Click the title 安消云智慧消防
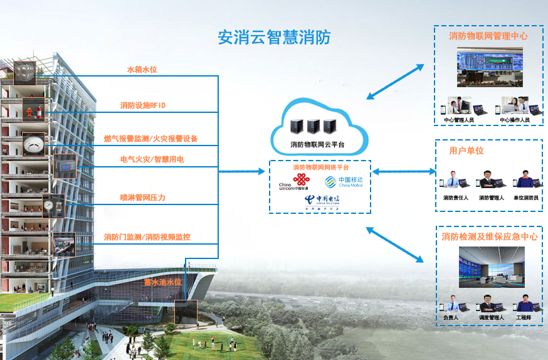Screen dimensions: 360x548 [x=274, y=38]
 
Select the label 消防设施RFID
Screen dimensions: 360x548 [x=143, y=105]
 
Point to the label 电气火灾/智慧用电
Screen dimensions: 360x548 [x=152, y=160]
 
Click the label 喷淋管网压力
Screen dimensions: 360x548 [x=143, y=198]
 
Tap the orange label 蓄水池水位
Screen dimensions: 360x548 [x=162, y=282]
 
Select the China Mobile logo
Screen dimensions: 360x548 [x=343, y=182]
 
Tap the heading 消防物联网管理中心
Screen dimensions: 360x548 [x=488, y=36]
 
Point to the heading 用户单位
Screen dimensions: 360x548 [x=466, y=151]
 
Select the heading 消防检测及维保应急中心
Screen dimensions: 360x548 [x=489, y=236]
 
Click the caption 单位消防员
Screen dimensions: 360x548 [x=525, y=198]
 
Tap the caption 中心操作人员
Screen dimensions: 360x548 [x=515, y=119]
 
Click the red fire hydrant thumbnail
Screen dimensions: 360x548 [x=31, y=110]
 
